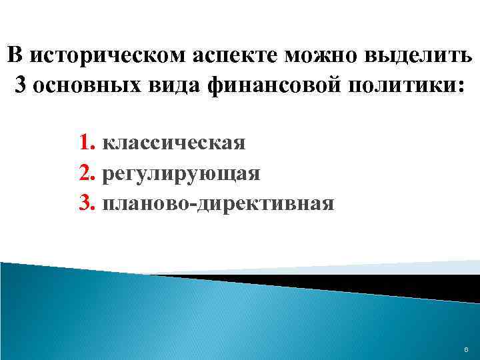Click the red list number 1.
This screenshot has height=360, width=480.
pos(85,143)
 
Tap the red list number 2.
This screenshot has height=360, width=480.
pos(85,173)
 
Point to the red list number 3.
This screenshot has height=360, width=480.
pos(85,203)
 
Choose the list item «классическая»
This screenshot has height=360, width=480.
pos(175,143)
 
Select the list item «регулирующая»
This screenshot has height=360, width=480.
pos(181,173)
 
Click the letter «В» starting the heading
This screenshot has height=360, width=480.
pos(15,55)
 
